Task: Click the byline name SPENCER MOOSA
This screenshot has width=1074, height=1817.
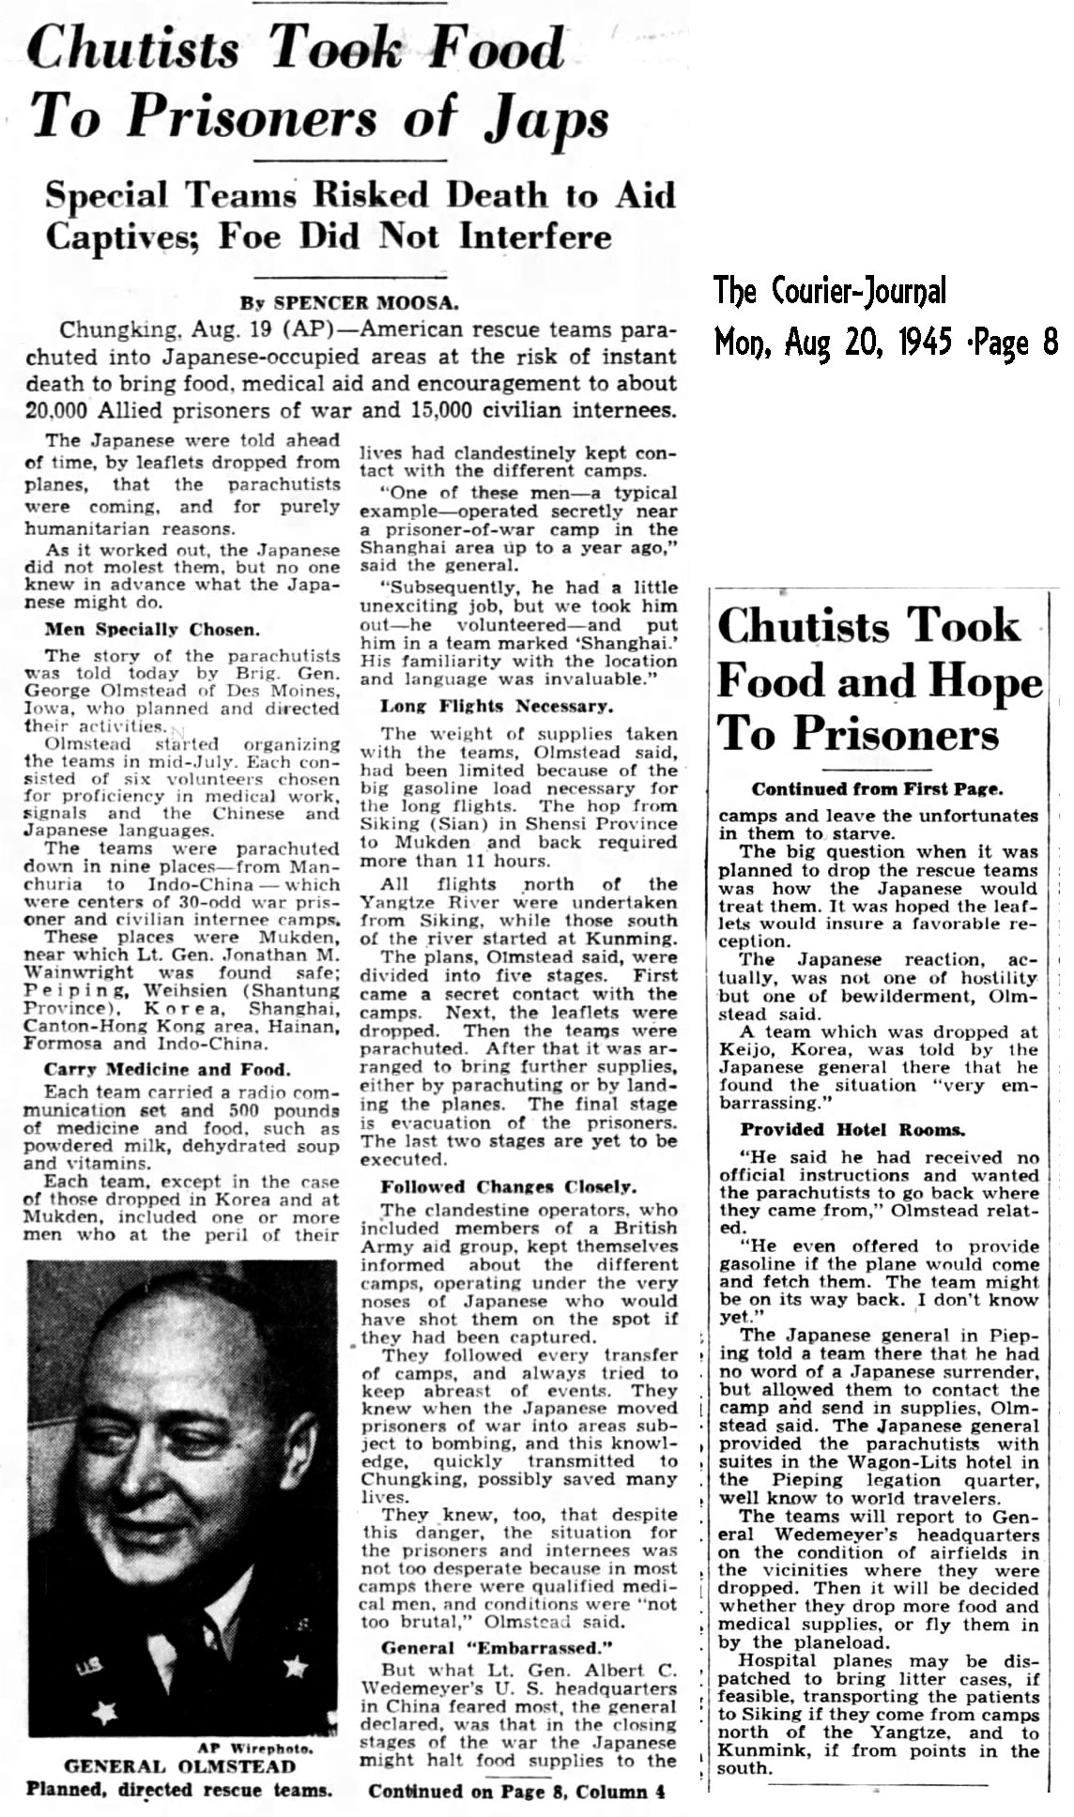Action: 365,303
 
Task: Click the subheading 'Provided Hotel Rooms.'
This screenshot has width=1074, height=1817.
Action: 853,1130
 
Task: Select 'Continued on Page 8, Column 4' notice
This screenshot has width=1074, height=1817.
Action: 516,1791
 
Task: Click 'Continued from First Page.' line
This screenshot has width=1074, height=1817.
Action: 877,789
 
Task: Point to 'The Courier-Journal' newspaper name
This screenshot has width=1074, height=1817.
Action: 830,292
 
